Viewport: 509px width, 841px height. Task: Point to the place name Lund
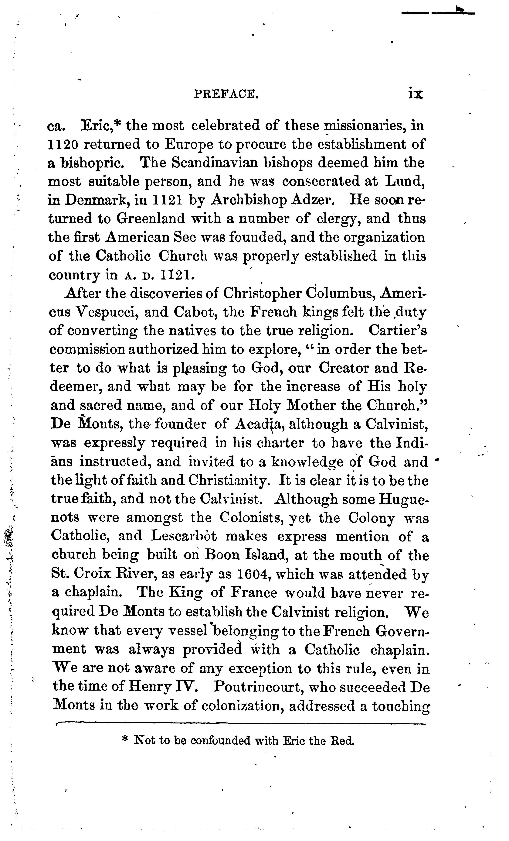(x=406, y=181)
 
